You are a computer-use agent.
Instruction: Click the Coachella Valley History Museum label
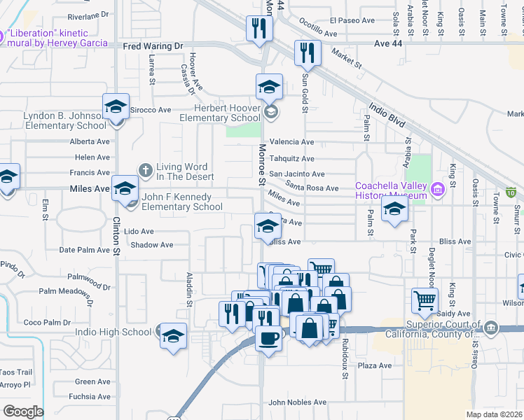pyautogui.click(x=391, y=190)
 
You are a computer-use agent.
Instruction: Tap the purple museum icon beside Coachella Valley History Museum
pyautogui.click(x=438, y=188)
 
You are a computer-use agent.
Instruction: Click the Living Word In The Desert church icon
pyautogui.click(x=145, y=169)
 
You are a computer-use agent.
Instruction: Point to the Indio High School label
pyautogui.click(x=117, y=332)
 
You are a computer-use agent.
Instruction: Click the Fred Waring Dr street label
pyautogui.click(x=153, y=46)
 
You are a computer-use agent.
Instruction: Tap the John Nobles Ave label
pyautogui.click(x=298, y=402)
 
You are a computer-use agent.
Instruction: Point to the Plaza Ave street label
pyautogui.click(x=374, y=365)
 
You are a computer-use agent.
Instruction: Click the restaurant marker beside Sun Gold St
pyautogui.click(x=308, y=51)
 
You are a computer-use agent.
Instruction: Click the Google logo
pyautogui.click(x=23, y=411)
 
